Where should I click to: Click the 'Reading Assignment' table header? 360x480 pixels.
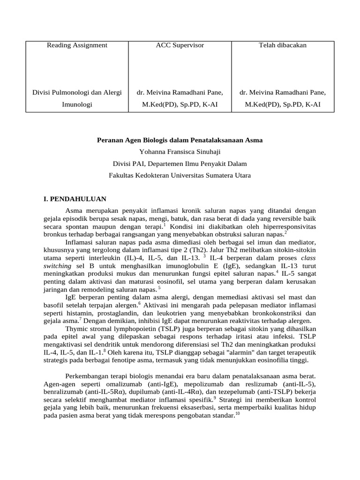tap(77, 45)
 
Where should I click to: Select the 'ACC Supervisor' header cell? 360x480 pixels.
tap(180, 45)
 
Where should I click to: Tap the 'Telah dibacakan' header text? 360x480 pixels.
tap(283, 45)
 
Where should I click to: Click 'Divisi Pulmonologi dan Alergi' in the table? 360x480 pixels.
tap(77, 92)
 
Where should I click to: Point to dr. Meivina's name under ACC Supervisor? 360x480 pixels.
tap(180, 92)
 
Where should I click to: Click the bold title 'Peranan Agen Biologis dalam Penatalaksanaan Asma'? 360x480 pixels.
tap(180, 140)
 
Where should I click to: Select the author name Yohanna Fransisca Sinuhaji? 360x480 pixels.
tap(180, 151)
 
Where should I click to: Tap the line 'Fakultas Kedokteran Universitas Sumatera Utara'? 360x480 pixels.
tap(180, 175)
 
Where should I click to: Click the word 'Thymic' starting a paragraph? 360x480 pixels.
tap(76, 329)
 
